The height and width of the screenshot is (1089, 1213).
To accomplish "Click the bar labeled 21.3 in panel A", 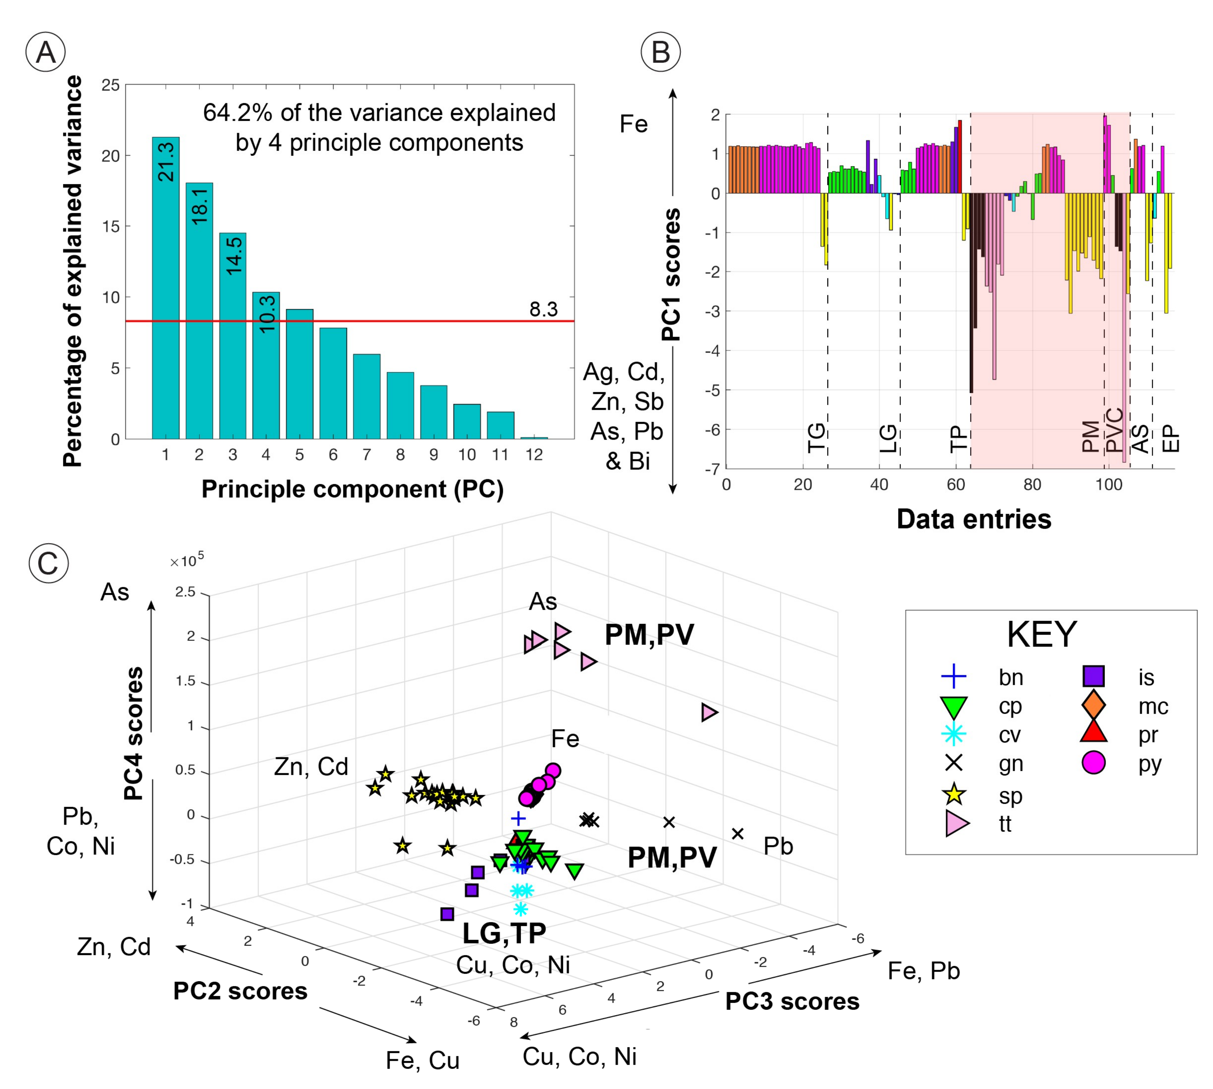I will pos(165,287).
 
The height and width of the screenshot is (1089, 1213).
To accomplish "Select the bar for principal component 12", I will pos(534,438).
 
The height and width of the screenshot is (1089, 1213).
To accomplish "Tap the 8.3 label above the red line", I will pos(543,309).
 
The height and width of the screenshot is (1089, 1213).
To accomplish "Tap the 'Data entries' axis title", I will pos(974,519).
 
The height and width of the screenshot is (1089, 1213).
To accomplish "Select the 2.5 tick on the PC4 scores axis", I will pos(185,592).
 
